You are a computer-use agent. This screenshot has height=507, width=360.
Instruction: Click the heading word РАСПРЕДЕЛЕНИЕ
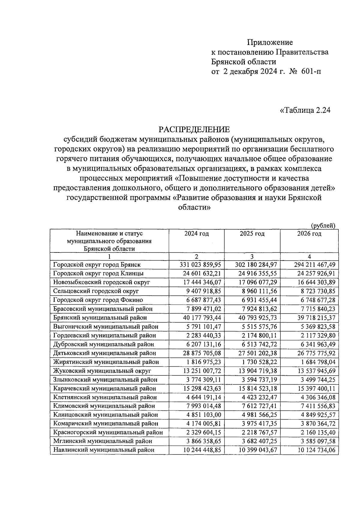(194, 130)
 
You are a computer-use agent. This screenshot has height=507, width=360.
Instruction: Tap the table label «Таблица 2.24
(305, 110)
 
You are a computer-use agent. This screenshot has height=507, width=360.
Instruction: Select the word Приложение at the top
(270, 42)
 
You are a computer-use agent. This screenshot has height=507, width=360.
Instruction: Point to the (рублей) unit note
(323, 225)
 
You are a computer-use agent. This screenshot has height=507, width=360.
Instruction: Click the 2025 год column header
(252, 234)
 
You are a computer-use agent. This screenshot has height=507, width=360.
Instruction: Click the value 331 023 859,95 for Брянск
(200, 265)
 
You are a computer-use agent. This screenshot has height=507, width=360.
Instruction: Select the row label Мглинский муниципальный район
(103, 441)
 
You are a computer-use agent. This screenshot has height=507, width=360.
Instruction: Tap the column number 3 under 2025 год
(252, 256)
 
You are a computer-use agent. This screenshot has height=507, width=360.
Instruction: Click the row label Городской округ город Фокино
(98, 300)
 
